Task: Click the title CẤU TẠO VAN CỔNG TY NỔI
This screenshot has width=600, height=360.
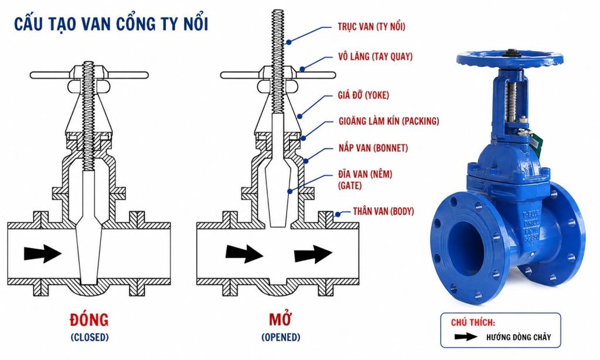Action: point(111,23)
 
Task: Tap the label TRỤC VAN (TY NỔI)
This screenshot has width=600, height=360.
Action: point(371,26)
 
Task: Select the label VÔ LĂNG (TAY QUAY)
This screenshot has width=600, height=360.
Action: point(376,57)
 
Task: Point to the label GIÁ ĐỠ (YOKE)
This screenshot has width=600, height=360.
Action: point(363,95)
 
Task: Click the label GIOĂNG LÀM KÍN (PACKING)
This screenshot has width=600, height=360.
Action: point(389,121)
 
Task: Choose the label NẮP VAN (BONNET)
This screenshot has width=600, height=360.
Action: point(373,148)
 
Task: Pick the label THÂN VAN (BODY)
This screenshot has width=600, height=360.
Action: point(383,211)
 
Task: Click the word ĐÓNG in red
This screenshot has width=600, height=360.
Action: point(89,320)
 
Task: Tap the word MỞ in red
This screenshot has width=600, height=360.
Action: point(281,319)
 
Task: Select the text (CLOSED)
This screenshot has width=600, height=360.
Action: point(90,337)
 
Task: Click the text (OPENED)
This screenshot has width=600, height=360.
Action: point(281,337)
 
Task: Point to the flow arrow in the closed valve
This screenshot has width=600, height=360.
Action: point(43,253)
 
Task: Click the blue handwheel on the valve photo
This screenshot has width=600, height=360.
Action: point(510,59)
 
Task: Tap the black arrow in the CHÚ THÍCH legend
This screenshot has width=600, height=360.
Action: point(466,337)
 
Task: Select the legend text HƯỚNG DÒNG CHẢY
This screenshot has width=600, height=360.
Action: point(519,337)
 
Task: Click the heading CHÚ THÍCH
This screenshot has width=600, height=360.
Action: point(473,322)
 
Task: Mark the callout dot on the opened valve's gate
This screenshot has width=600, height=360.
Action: point(289,191)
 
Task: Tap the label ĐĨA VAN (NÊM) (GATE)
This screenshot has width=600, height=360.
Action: point(365,179)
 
